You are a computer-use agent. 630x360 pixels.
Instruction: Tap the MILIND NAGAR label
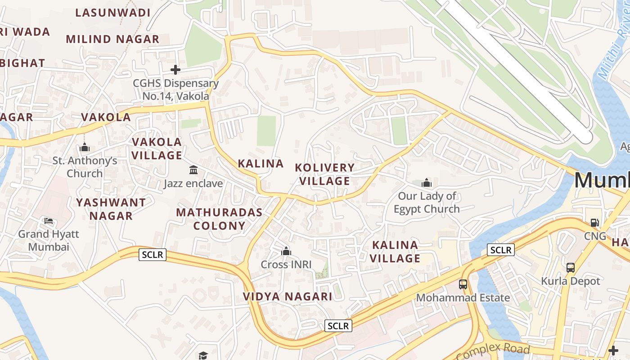coord(112,39)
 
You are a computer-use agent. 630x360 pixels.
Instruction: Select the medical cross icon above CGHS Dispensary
coord(175,70)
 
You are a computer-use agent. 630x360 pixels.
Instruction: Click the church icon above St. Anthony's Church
coord(85,147)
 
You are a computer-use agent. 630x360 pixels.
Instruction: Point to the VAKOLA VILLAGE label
coord(157,148)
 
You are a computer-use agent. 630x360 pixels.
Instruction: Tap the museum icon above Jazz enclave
coord(193,170)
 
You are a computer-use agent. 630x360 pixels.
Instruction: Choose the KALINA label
coord(261,163)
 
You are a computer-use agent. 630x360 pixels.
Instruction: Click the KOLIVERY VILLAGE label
coord(324,174)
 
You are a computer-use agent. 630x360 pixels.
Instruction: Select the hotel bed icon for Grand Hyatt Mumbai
coord(49,221)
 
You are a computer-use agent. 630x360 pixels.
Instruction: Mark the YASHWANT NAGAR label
coord(111,209)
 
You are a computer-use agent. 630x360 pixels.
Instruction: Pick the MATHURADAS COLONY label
coord(219,219)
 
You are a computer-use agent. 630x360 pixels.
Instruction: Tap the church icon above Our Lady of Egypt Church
coord(426,183)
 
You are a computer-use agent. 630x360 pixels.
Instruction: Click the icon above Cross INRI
coord(286,251)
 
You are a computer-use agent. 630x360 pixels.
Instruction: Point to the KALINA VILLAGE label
coord(395,252)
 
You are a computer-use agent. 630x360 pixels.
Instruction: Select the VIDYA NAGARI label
coord(288,297)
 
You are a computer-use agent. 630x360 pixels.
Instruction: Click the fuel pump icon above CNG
coord(594,222)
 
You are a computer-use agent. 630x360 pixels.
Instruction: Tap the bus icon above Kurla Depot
coord(571,267)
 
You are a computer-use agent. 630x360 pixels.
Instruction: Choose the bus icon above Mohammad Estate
coord(463,284)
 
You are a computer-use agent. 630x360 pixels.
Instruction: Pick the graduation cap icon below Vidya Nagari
coord(203,355)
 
